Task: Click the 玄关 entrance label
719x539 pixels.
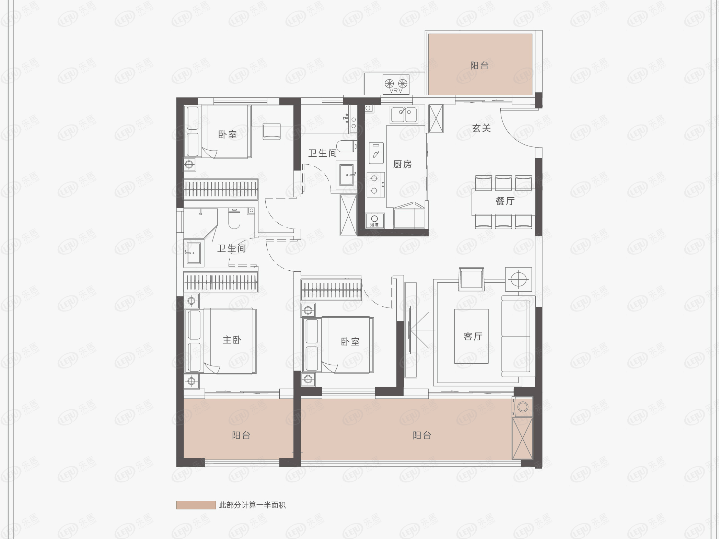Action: point(481,128)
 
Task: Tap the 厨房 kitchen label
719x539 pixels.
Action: point(402,164)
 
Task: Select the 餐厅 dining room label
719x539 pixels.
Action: point(505,201)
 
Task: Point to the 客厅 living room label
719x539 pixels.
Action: point(473,336)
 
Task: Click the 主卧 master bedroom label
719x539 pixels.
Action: point(232,340)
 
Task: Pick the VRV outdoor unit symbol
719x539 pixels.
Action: point(396,84)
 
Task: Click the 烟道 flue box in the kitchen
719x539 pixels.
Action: point(374,221)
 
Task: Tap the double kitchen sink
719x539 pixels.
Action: point(404,115)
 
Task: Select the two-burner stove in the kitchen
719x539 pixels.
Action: point(375,185)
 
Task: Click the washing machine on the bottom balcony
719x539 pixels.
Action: point(522,407)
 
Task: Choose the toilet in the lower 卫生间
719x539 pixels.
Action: point(235,219)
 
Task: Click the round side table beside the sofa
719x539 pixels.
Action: point(518,279)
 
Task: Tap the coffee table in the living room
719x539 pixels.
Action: point(471,336)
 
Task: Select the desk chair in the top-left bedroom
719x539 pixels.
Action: point(272,131)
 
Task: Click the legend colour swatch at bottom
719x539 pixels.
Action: point(196,505)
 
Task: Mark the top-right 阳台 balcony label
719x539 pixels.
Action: point(479,66)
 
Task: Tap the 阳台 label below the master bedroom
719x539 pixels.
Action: point(241,435)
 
